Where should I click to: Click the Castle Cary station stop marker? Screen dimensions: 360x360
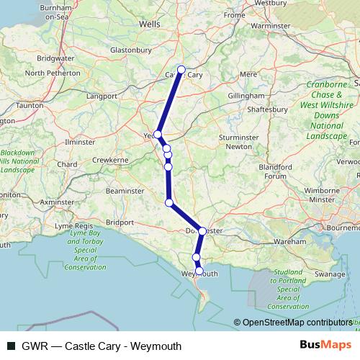pyautogui.click(x=181, y=70)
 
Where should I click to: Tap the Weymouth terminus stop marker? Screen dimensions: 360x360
pyautogui.click(x=200, y=272)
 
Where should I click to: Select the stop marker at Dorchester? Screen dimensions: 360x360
pyautogui.click(x=202, y=231)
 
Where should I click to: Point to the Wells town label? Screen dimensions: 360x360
pyautogui.click(x=149, y=24)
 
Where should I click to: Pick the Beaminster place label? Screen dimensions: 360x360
pyautogui.click(x=125, y=190)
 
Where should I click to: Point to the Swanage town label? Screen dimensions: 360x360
pyautogui.click(x=330, y=274)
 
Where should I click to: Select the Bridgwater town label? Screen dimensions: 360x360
pyautogui.click(x=55, y=58)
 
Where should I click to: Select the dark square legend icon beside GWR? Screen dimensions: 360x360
pyautogui.click(x=11, y=346)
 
